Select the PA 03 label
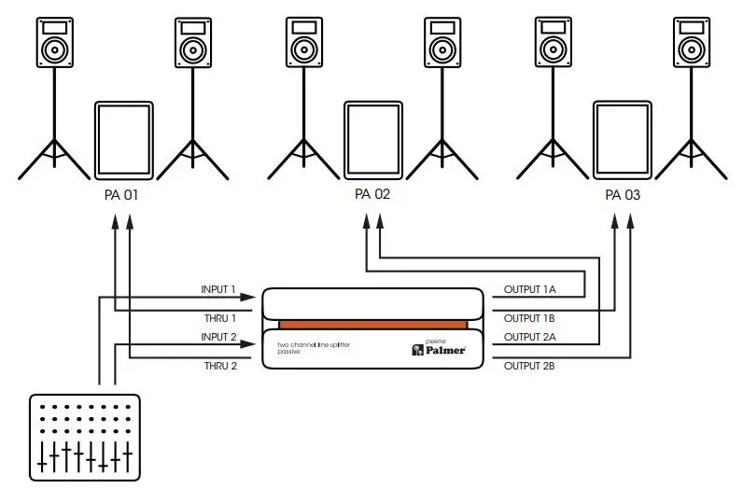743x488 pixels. click(623, 196)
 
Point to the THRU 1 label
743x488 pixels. click(220, 317)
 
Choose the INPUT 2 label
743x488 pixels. click(219, 337)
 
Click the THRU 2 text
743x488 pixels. click(220, 366)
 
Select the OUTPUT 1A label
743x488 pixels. click(529, 289)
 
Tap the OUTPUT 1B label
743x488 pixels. click(529, 317)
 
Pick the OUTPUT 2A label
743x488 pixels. click(529, 337)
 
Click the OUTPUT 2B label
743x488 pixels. click(529, 366)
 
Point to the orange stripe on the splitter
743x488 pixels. click(371, 323)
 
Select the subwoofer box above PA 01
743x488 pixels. click(123, 141)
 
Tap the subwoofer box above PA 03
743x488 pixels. click(623, 141)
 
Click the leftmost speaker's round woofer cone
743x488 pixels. click(55, 49)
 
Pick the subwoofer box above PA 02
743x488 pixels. click(372, 141)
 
